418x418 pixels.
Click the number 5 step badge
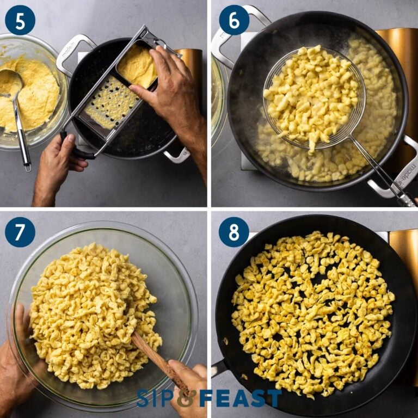pos(20,20)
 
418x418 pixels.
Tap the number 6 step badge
pos(234,20)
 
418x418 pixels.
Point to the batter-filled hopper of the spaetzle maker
pos(137,65)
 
